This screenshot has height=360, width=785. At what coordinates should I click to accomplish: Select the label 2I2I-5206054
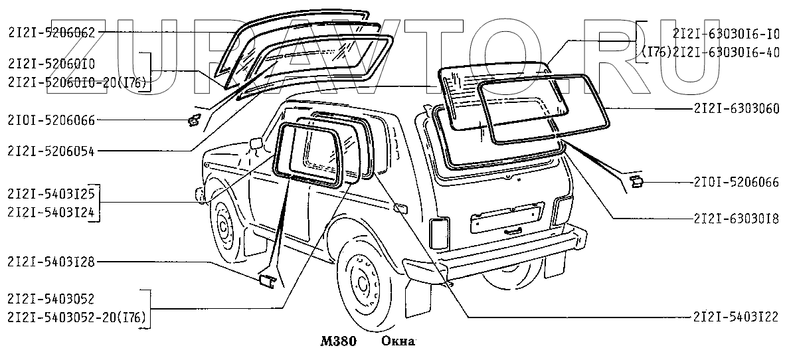coord(52,151)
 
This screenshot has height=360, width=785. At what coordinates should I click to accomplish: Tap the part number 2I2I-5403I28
coord(52,262)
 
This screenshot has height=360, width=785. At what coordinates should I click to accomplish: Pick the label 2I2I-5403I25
coord(52,193)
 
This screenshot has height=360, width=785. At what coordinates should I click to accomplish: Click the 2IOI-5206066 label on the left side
coord(52,121)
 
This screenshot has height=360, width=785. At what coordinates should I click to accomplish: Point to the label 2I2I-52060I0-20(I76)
coord(77,81)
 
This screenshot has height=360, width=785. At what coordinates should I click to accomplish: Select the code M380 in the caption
coord(338,342)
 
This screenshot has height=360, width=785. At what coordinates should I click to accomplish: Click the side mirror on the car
coord(256,143)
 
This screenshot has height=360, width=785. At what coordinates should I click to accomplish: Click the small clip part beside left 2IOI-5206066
coord(194,120)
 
